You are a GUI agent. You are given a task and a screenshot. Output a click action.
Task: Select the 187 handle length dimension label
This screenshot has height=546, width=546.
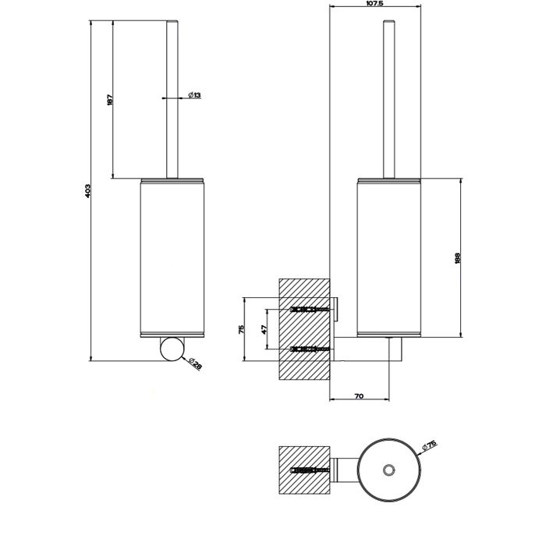coord(111,100)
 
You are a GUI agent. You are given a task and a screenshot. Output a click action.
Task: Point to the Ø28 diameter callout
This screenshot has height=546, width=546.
coord(196,364)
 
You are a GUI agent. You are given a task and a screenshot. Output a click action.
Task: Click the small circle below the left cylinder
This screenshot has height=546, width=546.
coord(171,349)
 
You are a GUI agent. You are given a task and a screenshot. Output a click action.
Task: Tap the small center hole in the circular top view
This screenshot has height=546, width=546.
coord(388,470)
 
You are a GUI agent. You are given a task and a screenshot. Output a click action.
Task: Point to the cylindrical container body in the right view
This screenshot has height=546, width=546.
coord(388,257)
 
